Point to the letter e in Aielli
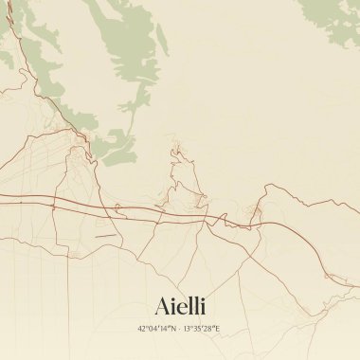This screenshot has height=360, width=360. pyautogui.click(x=180, y=306)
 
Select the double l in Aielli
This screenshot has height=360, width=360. pyautogui.click(x=192, y=304)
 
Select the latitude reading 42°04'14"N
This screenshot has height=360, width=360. pyautogui.click(x=157, y=329)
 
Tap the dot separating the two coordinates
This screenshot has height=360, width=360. pyautogui.click(x=179, y=329)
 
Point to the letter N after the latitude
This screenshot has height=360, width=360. pyautogui.click(x=173, y=329)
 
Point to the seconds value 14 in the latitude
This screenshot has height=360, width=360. pyautogui.click(x=164, y=329)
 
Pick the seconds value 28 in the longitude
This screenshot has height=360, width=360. pyautogui.click(x=209, y=329)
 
